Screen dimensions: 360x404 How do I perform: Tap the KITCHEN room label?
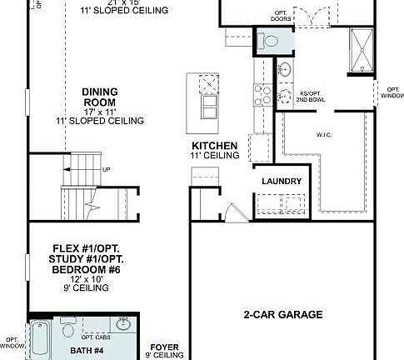pos(215,146)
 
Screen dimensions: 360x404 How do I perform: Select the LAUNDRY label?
pos(280,181)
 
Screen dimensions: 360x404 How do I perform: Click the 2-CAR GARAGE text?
pos(283,314)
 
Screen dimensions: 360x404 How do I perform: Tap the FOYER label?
pos(163,345)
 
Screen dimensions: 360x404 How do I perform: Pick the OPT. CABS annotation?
pos(96,336)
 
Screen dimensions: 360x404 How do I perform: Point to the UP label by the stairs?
pos(106,170)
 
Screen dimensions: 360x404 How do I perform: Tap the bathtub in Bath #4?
pos(40,340)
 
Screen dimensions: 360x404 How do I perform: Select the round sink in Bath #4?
pos(123,324)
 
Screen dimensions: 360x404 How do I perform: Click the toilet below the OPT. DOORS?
pos(270,42)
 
